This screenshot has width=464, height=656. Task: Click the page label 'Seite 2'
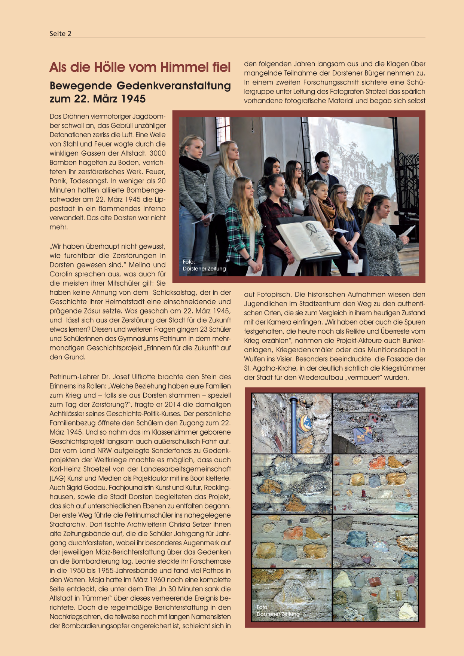click(x=60, y=34)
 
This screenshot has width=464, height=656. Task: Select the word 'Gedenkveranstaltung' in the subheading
click(x=174, y=86)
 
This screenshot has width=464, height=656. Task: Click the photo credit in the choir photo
click(x=204, y=265)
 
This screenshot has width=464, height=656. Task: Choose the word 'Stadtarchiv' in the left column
click(x=67, y=524)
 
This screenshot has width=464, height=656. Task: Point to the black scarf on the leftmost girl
click(x=195, y=164)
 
